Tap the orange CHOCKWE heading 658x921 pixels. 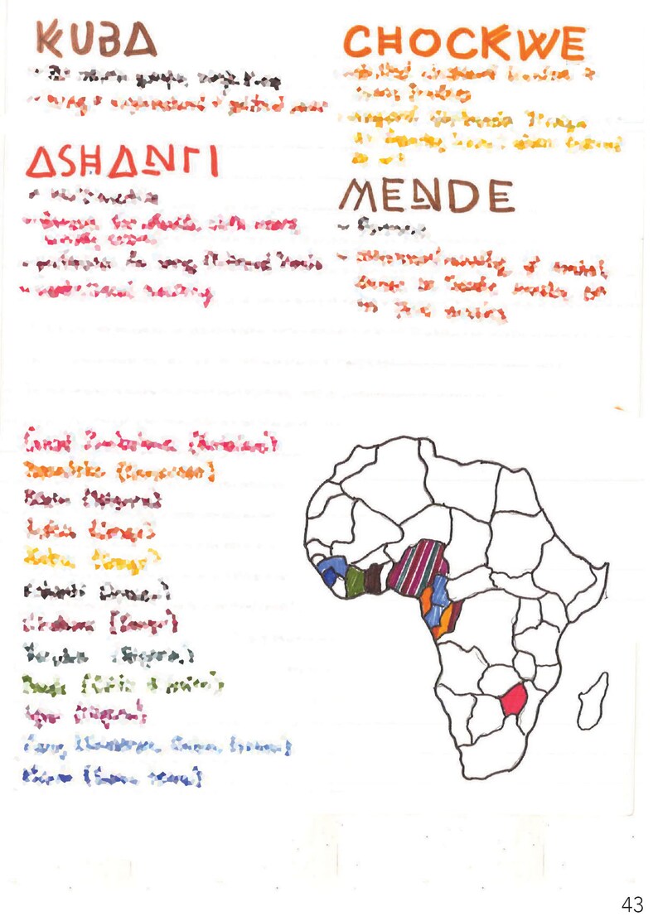coord(465,42)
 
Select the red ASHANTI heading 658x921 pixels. coord(122,161)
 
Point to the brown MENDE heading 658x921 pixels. coord(426,196)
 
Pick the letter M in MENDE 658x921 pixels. coord(362,196)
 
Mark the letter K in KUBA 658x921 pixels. coord(51,39)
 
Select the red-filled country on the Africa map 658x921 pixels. coord(514,702)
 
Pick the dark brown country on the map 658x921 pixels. coord(373,576)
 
